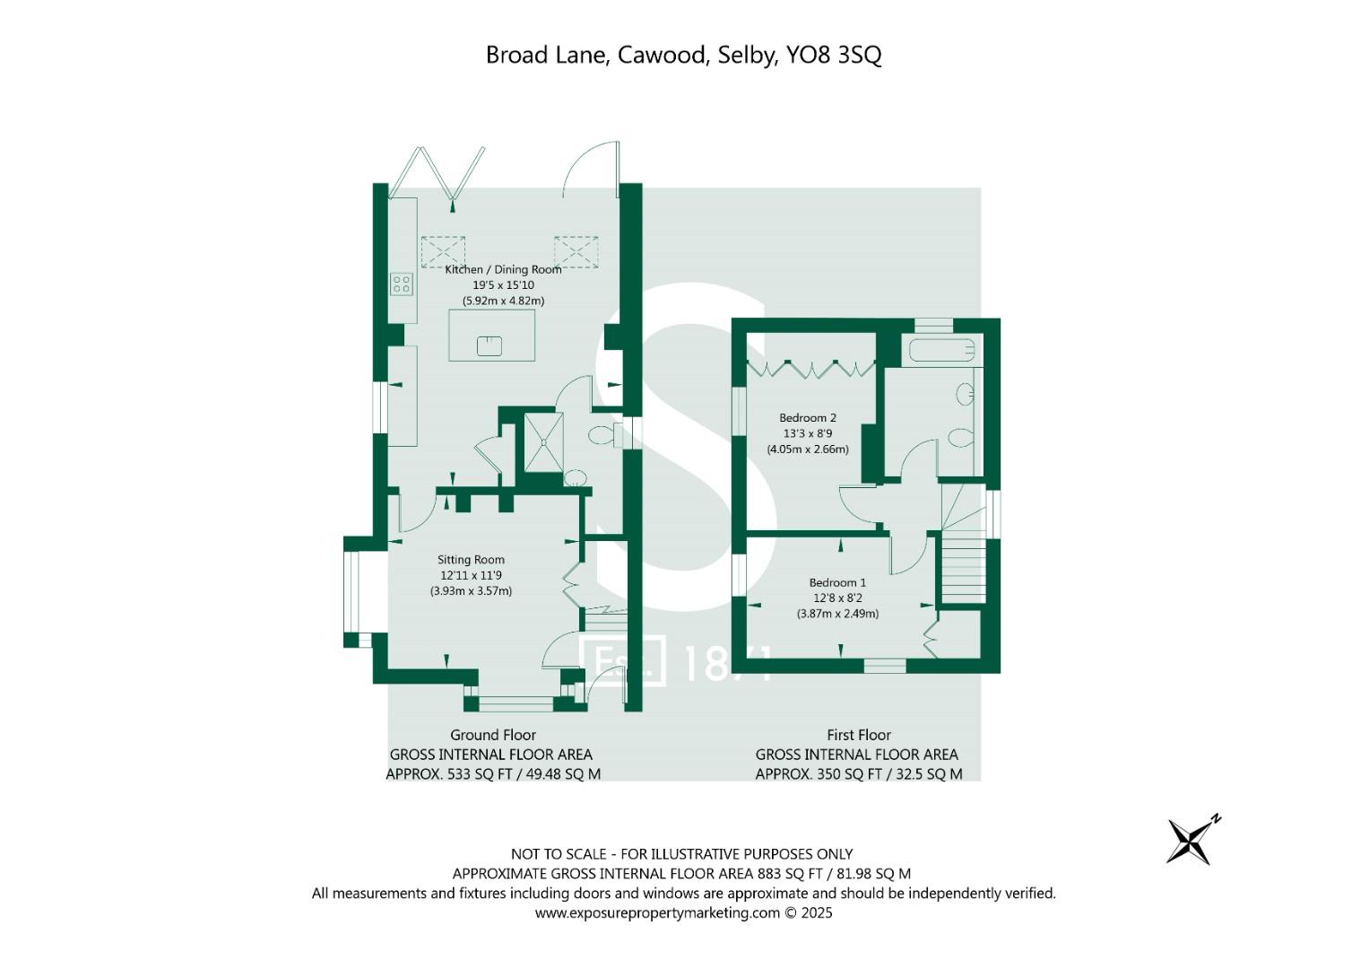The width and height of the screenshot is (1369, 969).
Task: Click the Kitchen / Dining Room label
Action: click(503, 269)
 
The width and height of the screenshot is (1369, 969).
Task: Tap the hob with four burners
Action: click(402, 284)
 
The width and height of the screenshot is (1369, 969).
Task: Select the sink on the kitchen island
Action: click(489, 345)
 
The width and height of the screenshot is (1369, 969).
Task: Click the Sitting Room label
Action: click(471, 560)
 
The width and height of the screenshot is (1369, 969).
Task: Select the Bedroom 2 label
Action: click(807, 417)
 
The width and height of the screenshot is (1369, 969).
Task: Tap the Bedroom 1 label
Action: click(837, 582)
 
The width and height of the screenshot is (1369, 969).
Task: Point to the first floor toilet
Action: click(960, 439)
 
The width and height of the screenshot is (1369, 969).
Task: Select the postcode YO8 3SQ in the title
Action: click(834, 55)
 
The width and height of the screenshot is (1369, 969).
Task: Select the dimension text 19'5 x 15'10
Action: click(503, 285)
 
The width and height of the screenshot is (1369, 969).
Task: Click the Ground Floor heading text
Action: click(492, 735)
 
